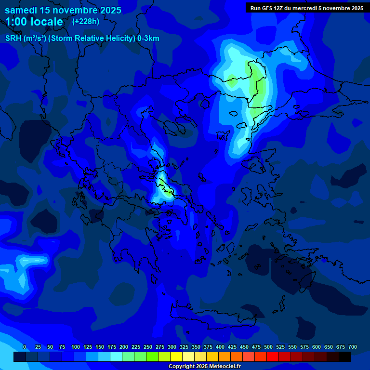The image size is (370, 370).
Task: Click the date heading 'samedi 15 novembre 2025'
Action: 63,10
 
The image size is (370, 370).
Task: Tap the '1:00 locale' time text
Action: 34,22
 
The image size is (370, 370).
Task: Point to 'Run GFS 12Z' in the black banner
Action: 266,8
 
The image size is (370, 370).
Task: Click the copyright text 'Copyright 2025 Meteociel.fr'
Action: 204,366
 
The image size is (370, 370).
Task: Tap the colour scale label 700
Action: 352,347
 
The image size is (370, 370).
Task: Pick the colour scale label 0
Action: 24,347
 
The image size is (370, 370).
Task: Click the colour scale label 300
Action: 172,347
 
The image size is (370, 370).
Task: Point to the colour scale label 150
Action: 100,347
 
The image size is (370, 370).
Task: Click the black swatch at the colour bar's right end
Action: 345,357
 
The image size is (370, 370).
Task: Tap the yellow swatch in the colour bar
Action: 176,357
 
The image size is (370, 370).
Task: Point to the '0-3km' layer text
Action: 148,39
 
